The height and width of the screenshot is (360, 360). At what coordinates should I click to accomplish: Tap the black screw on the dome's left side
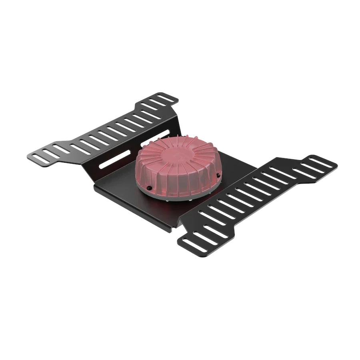(149, 187)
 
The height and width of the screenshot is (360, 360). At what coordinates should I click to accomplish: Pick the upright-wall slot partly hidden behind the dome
(154, 138)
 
